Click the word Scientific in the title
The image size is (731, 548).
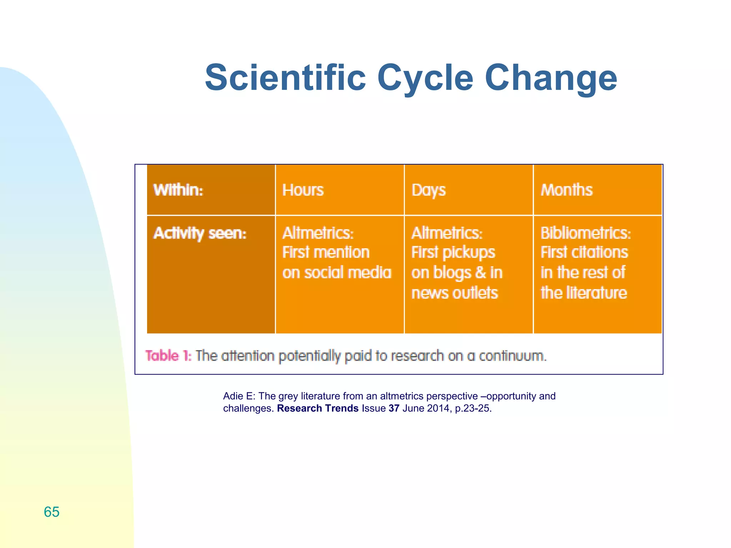(286, 78)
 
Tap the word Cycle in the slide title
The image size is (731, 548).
(425, 78)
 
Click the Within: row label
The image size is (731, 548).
(178, 190)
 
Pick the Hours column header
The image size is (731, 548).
(303, 190)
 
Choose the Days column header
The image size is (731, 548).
(428, 190)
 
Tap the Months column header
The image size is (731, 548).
(566, 190)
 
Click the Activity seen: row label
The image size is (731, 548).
(200, 233)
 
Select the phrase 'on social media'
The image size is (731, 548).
(337, 273)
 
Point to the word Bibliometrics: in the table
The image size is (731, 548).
(585, 233)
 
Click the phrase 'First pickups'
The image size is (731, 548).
(453, 253)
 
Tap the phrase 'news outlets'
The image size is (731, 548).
(454, 293)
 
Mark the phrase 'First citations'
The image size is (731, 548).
(584, 253)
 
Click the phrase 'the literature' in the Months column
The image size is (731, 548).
(584, 293)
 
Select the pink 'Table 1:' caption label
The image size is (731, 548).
(168, 356)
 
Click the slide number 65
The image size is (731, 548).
(51, 512)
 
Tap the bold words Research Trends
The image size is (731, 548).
(317, 408)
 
